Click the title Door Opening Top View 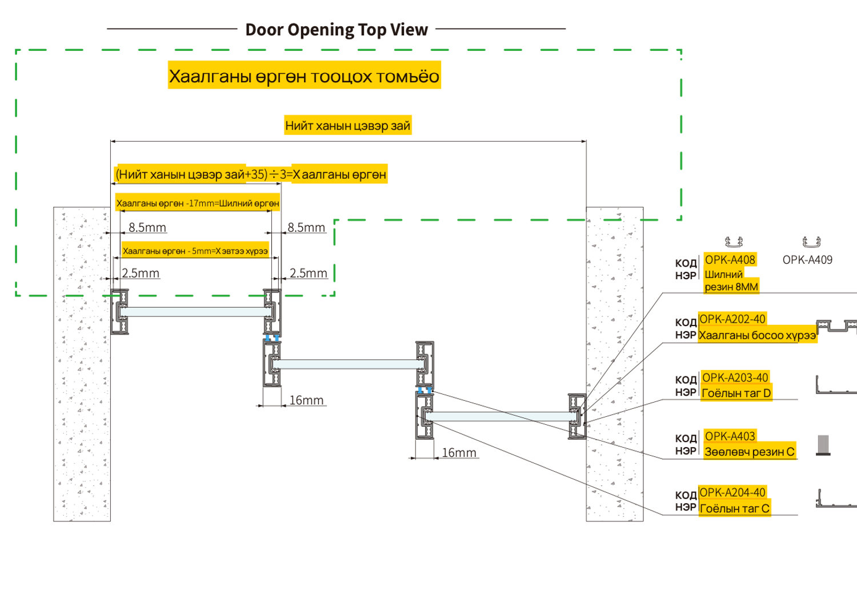[337, 30]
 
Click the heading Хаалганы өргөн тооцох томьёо [304, 77]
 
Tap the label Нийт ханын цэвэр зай [348, 126]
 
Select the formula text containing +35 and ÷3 [251, 174]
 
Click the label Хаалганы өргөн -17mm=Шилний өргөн [198, 203]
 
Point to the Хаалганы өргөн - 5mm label [195, 251]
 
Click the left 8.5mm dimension [147, 227]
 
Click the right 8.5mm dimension [306, 227]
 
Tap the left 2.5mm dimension [141, 273]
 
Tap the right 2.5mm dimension [309, 273]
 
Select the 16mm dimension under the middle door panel [306, 400]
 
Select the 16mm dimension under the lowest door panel [459, 452]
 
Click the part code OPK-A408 [730, 260]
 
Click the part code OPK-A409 [807, 260]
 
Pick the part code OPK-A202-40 [732, 319]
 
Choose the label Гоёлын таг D [736, 393]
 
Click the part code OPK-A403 [730, 436]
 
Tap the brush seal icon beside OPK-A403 [823, 445]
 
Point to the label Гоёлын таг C [734, 509]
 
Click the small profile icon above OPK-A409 [811, 242]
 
